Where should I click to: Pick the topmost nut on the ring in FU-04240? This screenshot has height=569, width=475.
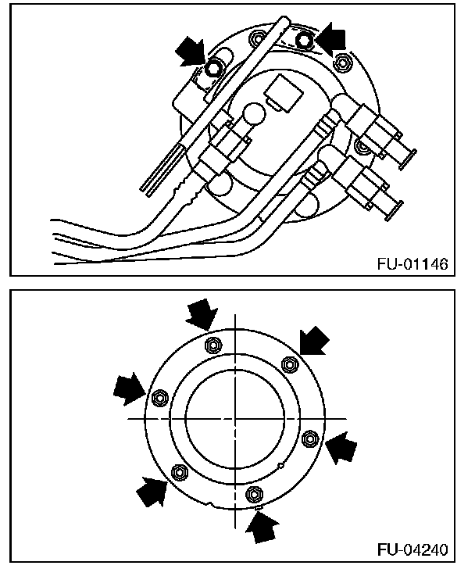210,345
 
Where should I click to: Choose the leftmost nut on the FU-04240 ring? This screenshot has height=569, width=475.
159,397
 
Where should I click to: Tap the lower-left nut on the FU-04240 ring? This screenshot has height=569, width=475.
179,471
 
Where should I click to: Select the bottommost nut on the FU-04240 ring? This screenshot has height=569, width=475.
253,493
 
